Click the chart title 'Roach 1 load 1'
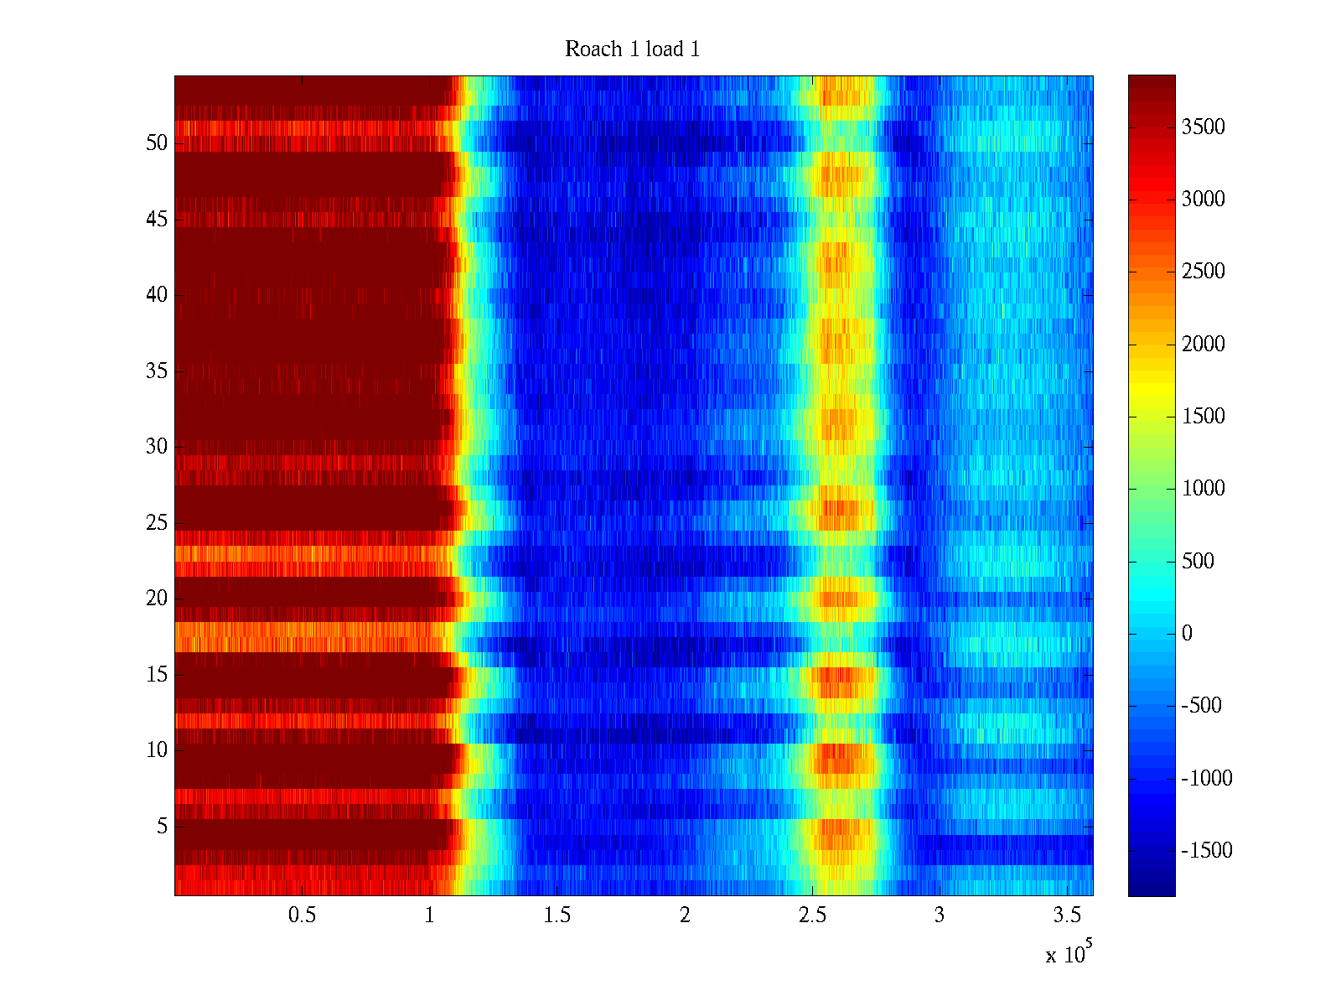(x=632, y=49)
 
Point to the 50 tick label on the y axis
(x=157, y=143)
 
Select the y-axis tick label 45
(x=157, y=220)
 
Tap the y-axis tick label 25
(x=157, y=523)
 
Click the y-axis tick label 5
(x=162, y=827)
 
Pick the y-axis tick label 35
(x=157, y=371)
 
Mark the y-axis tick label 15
(x=157, y=675)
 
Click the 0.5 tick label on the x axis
(x=302, y=915)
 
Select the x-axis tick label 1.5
(x=557, y=915)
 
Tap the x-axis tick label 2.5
(x=811, y=915)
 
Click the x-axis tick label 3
(x=939, y=915)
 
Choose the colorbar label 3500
(x=1203, y=127)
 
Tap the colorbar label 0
(x=1187, y=634)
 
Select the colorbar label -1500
(x=1206, y=851)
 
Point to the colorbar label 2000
(x=1203, y=345)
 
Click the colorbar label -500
(x=1202, y=706)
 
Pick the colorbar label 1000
(x=1203, y=489)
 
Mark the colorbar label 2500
(x=1203, y=272)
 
